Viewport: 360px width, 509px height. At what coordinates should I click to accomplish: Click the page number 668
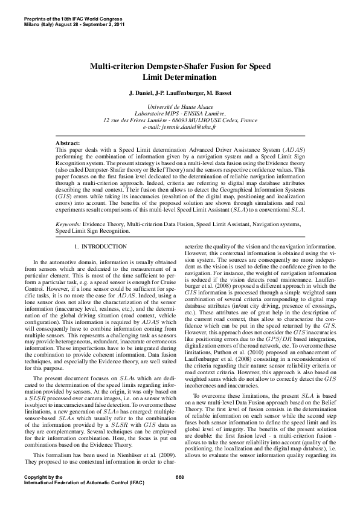(179, 477)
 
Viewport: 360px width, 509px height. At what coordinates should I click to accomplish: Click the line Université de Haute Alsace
(179, 106)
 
